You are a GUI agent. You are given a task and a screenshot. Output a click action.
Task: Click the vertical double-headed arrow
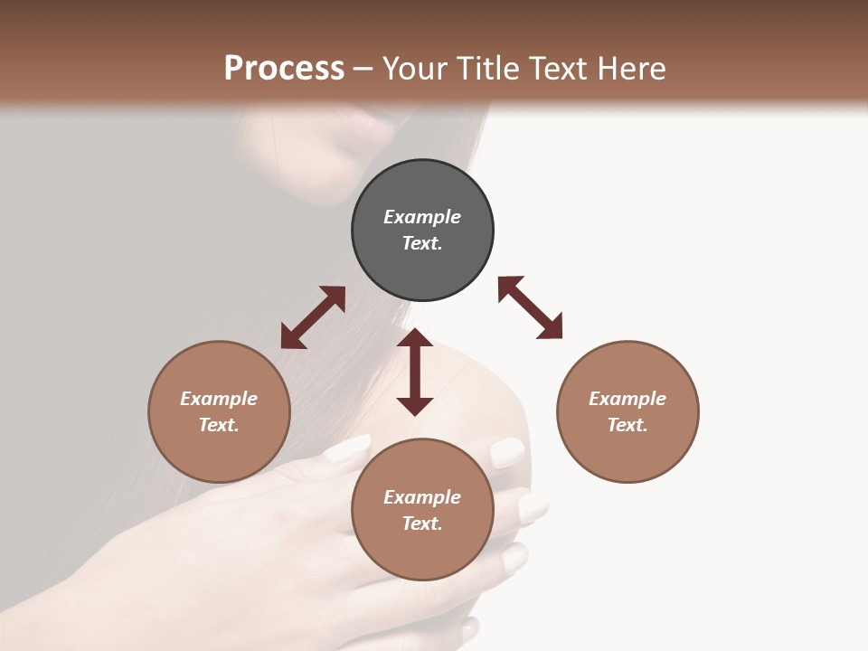[x=415, y=372]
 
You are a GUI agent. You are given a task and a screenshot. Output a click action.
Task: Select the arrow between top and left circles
[x=313, y=317]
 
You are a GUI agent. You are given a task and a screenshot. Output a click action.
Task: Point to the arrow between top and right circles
[x=530, y=307]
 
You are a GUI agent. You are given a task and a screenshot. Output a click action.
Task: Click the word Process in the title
[x=284, y=68]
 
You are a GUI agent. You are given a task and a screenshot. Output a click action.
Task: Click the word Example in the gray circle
[x=422, y=217]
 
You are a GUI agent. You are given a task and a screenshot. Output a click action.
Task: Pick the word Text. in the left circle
[x=219, y=425]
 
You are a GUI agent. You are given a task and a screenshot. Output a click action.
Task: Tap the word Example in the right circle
[x=627, y=399]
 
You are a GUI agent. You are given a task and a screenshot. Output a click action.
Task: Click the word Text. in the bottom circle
[x=422, y=524]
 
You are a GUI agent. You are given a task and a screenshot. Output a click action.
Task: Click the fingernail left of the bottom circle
[x=348, y=448]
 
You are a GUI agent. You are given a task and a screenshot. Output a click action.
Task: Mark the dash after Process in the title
[x=363, y=69]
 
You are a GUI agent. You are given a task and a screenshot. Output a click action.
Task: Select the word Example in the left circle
[x=219, y=399]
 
